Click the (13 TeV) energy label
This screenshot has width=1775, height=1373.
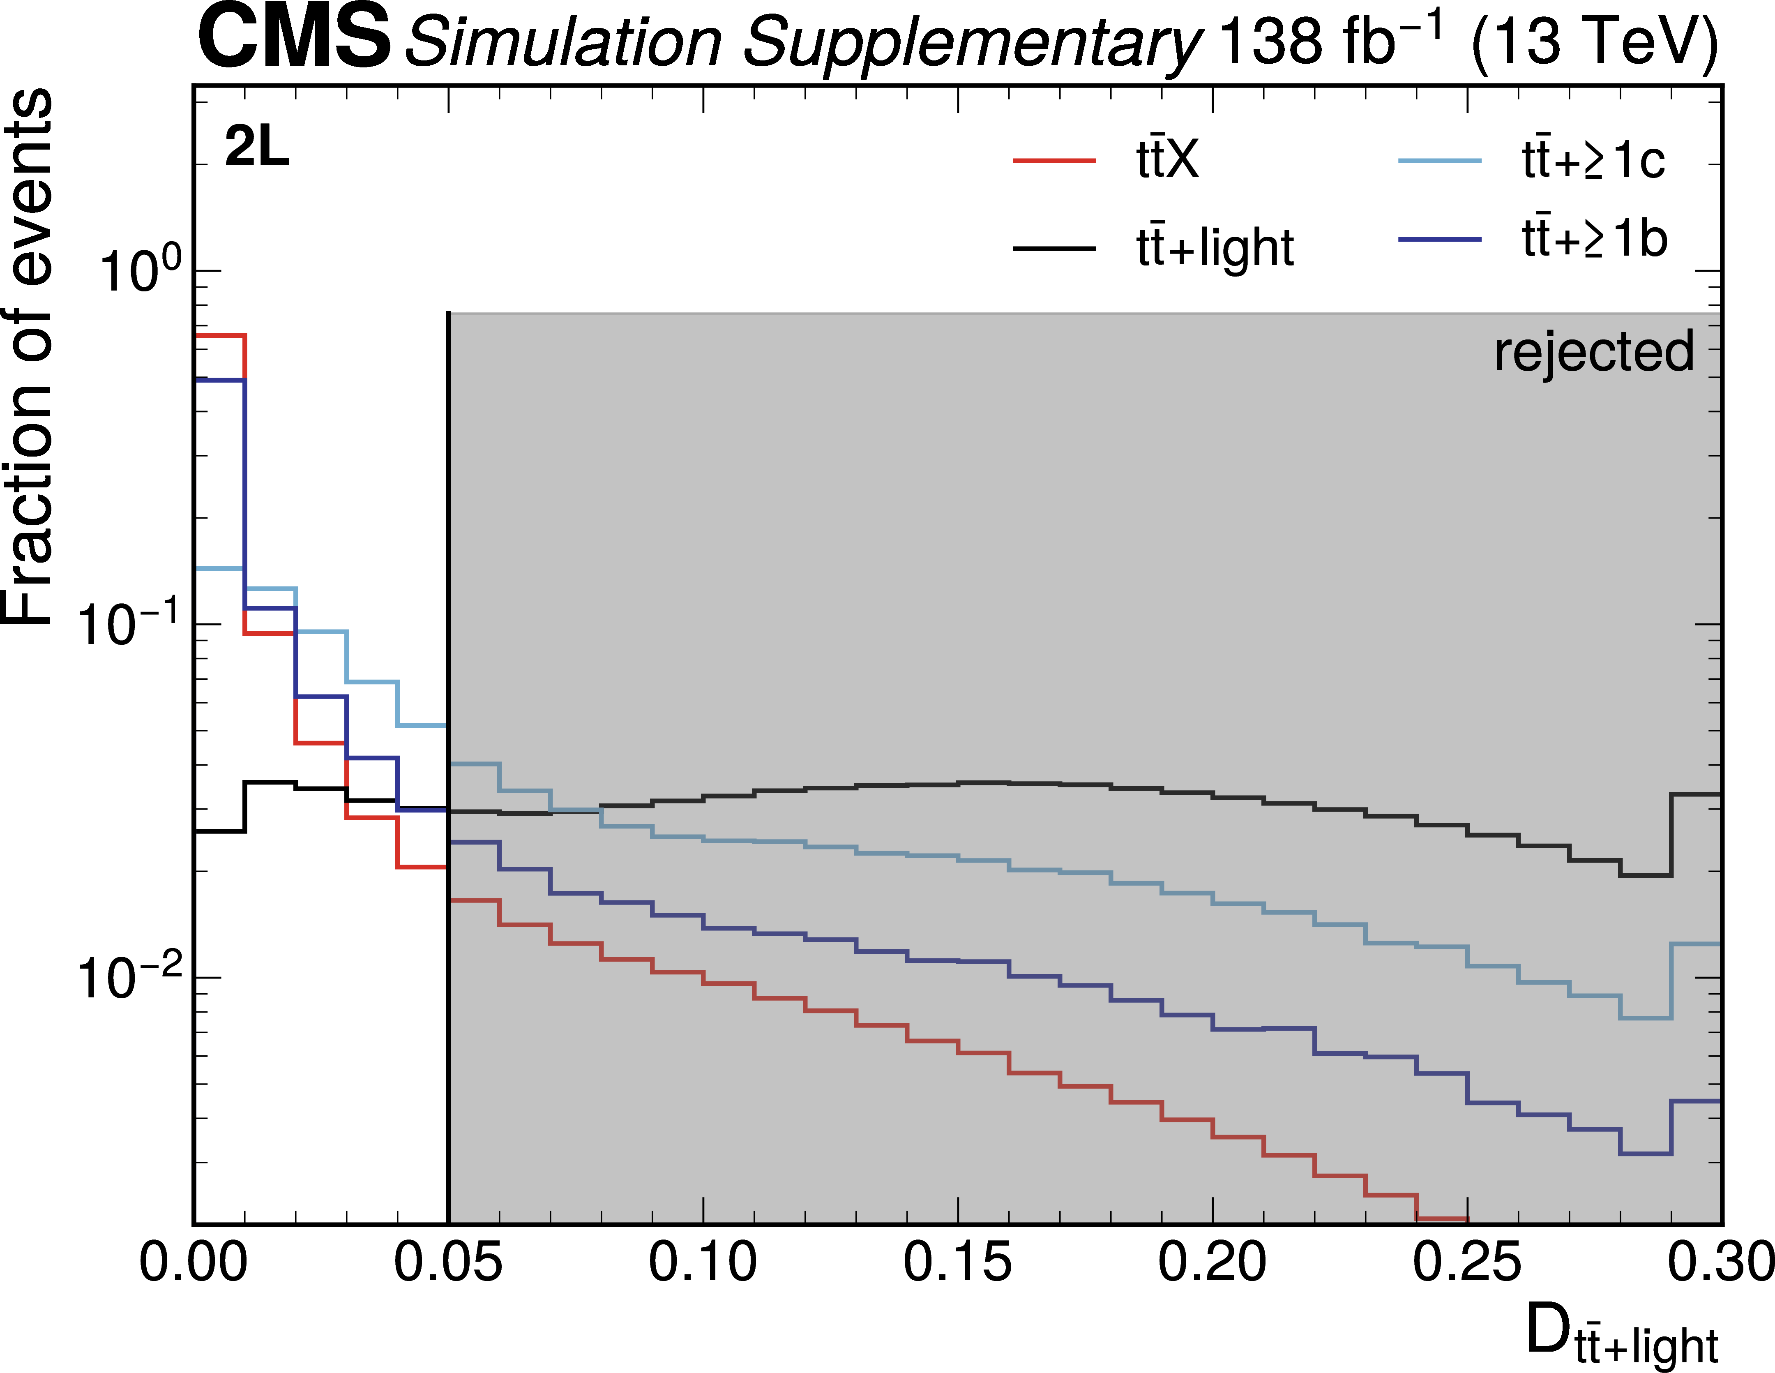click(1595, 42)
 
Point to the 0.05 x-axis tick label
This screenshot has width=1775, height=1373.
click(448, 1262)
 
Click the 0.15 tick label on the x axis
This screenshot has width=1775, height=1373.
click(957, 1262)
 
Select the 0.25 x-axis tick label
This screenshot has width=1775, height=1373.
click(1467, 1262)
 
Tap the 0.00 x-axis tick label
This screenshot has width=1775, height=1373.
click(194, 1262)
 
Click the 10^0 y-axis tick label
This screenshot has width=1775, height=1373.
click(130, 271)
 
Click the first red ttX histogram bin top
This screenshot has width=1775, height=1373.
click(219, 335)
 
